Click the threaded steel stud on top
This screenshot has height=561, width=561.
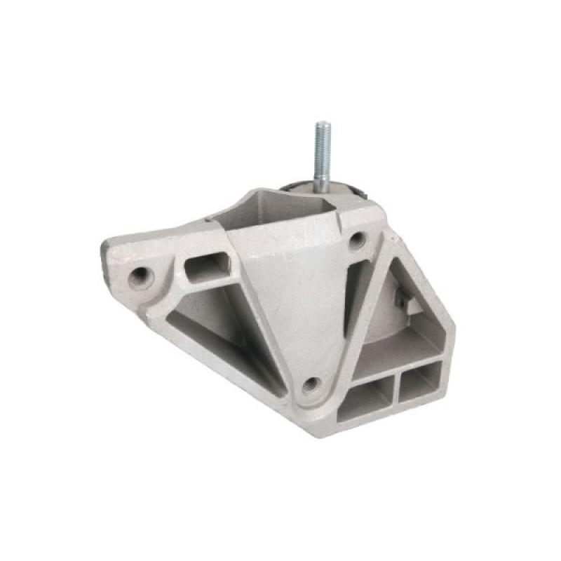[322, 151]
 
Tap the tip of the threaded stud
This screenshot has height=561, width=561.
[322, 124]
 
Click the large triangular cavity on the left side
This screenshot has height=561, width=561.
[210, 316]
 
